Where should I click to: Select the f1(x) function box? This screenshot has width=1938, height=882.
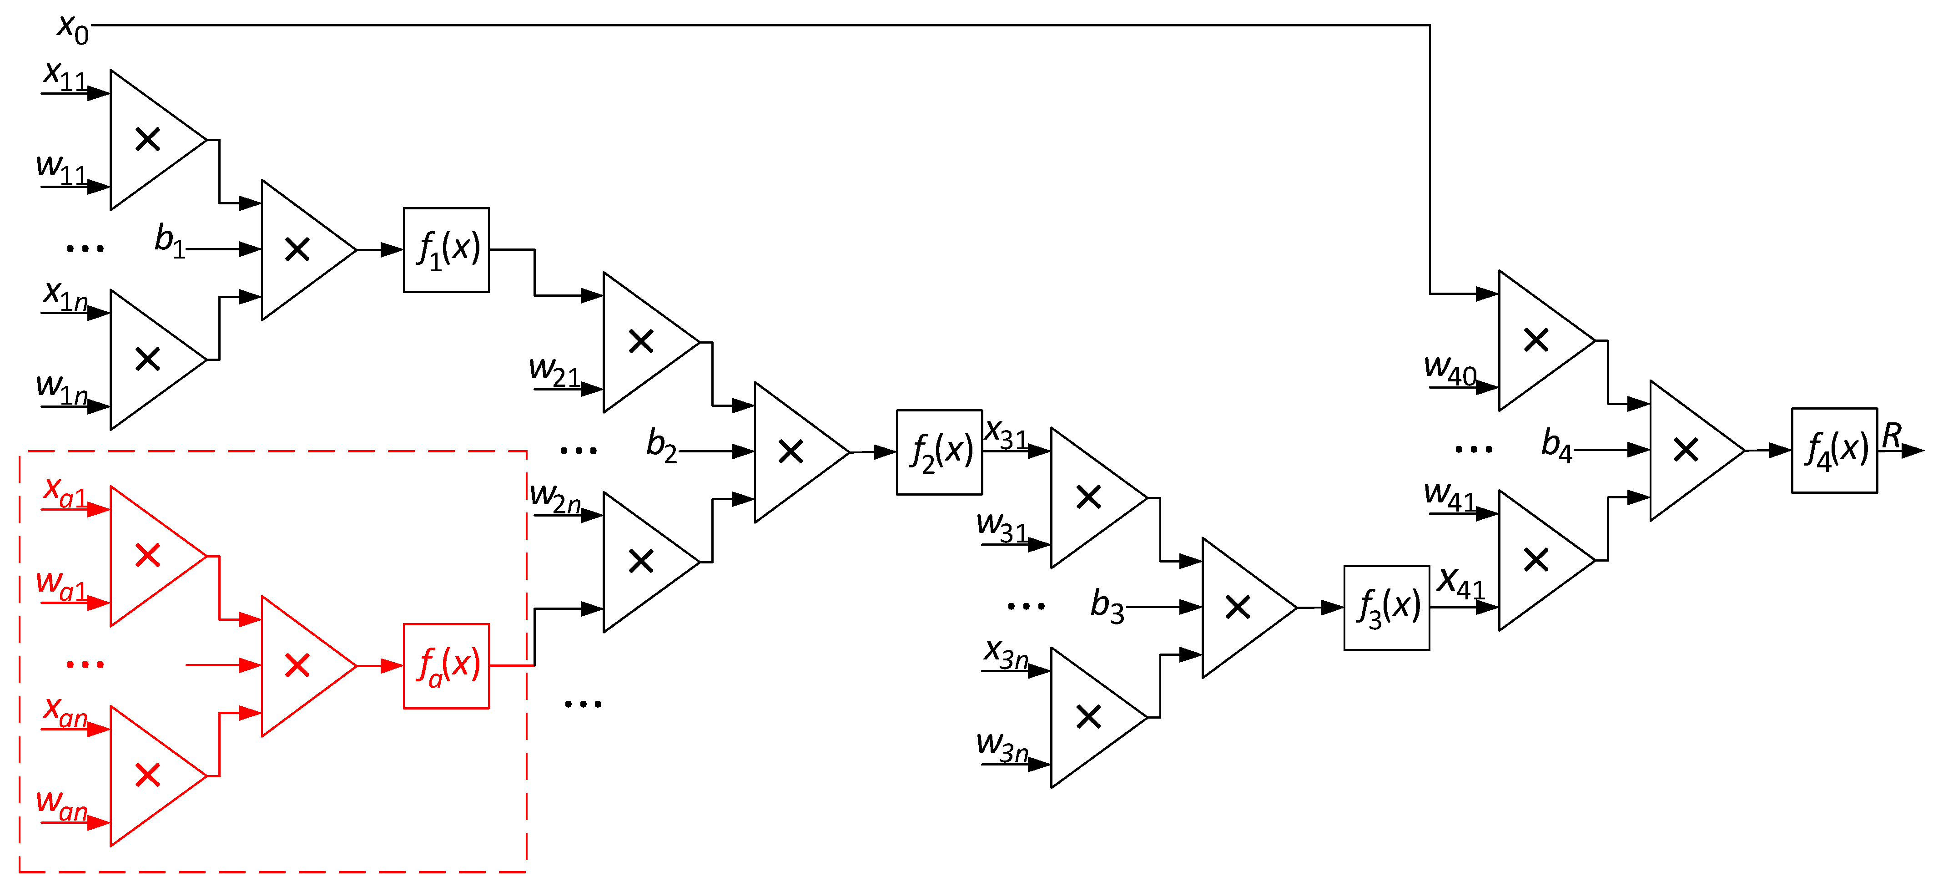446,250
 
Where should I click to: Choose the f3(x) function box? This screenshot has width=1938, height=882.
1387,607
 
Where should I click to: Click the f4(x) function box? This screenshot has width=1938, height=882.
1834,451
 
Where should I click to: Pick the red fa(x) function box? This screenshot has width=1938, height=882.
446,666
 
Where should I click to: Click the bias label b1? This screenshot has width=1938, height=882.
169,241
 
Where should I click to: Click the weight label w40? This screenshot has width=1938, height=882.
1450,370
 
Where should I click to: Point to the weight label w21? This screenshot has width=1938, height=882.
554,372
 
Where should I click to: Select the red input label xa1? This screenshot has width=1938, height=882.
65,493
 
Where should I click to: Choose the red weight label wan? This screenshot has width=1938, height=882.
62,805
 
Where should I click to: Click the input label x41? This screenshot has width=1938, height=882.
1460,583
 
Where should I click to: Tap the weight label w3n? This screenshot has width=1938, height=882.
1002,746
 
